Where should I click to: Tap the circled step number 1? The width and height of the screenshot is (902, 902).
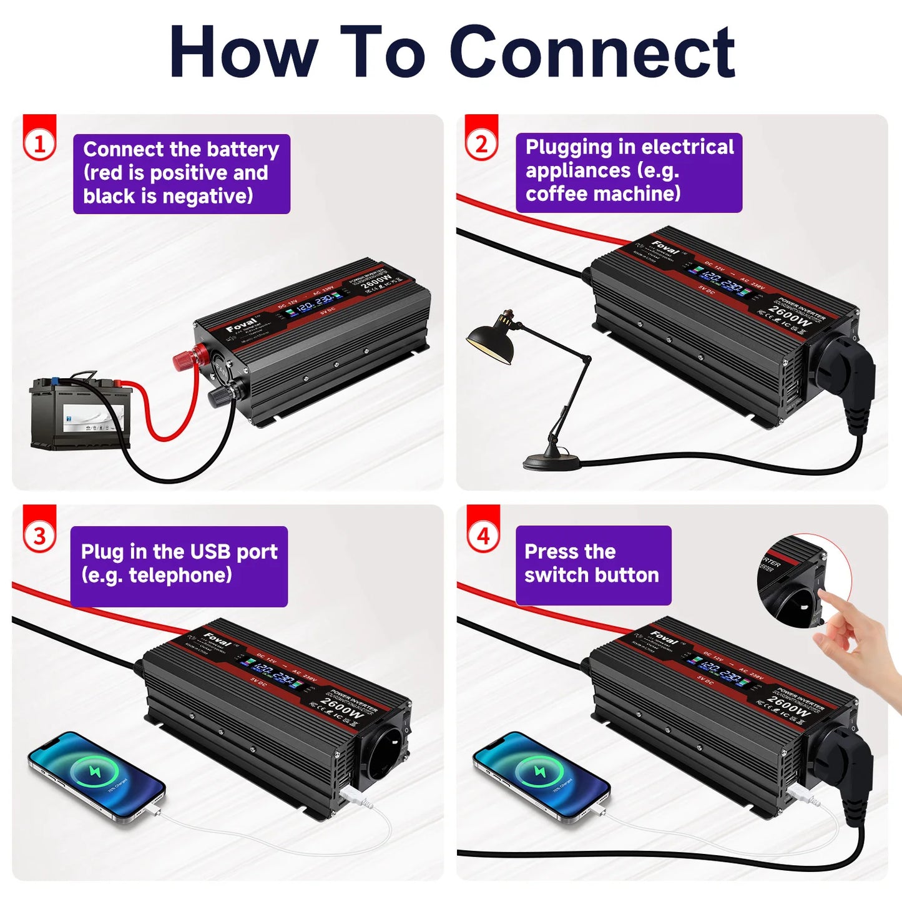point(40,144)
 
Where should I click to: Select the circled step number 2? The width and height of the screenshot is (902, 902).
point(481,144)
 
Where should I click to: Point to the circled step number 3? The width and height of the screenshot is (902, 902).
point(40,536)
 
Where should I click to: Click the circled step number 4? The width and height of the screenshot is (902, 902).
point(484,536)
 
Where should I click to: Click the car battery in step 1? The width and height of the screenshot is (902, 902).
point(80,413)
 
